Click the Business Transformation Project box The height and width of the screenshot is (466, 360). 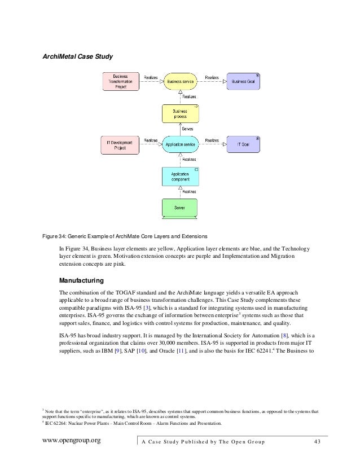click(120, 82)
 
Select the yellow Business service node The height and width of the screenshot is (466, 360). click(179, 82)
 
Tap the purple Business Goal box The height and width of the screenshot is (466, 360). click(243, 82)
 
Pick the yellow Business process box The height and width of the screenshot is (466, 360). click(179, 113)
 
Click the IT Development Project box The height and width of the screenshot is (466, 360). click(120, 145)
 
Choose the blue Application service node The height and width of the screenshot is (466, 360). click(179, 145)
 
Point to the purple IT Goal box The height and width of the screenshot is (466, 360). click(243, 145)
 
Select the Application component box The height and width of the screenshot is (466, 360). click(179, 177)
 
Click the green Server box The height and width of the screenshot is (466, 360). click(179, 208)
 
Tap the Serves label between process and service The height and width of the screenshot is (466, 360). click(187, 129)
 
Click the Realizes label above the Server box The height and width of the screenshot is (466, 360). click(188, 192)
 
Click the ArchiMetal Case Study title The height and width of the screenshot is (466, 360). click(78, 56)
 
